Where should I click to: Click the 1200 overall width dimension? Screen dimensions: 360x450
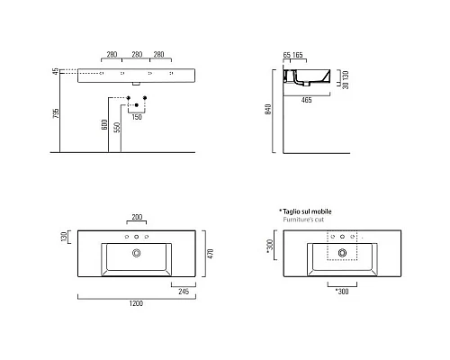click(136, 304)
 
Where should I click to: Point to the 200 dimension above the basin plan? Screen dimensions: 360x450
click(137, 218)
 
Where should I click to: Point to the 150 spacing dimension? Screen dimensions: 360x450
click(137, 116)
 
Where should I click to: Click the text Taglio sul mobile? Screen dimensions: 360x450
click(309, 210)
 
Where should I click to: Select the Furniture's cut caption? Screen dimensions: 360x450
click(305, 218)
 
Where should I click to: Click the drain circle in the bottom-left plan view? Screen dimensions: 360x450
click(137, 254)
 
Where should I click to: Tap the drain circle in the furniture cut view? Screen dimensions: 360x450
click(342, 254)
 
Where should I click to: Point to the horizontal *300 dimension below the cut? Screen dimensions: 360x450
click(342, 290)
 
